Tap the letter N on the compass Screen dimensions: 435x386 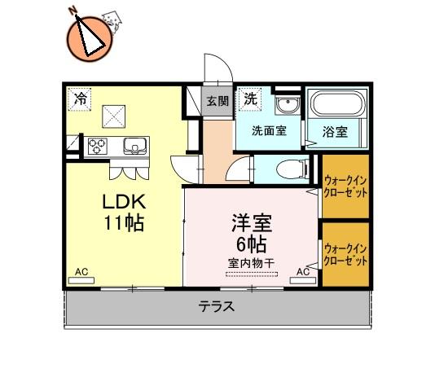73,11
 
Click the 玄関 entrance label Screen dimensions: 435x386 217,101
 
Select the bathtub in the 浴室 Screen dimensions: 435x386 337,103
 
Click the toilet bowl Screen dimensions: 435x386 292,169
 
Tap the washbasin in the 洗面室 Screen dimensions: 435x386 288,105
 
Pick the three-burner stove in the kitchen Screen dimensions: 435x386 98,146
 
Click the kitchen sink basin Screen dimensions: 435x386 135,146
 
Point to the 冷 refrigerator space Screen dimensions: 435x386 79,99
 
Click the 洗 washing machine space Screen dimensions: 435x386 250,99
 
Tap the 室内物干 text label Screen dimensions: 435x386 252,263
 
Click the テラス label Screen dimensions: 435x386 217,307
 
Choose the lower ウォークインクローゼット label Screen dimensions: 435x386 345,254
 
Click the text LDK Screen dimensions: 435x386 124,202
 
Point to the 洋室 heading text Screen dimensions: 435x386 252,223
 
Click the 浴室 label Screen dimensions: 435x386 335,132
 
